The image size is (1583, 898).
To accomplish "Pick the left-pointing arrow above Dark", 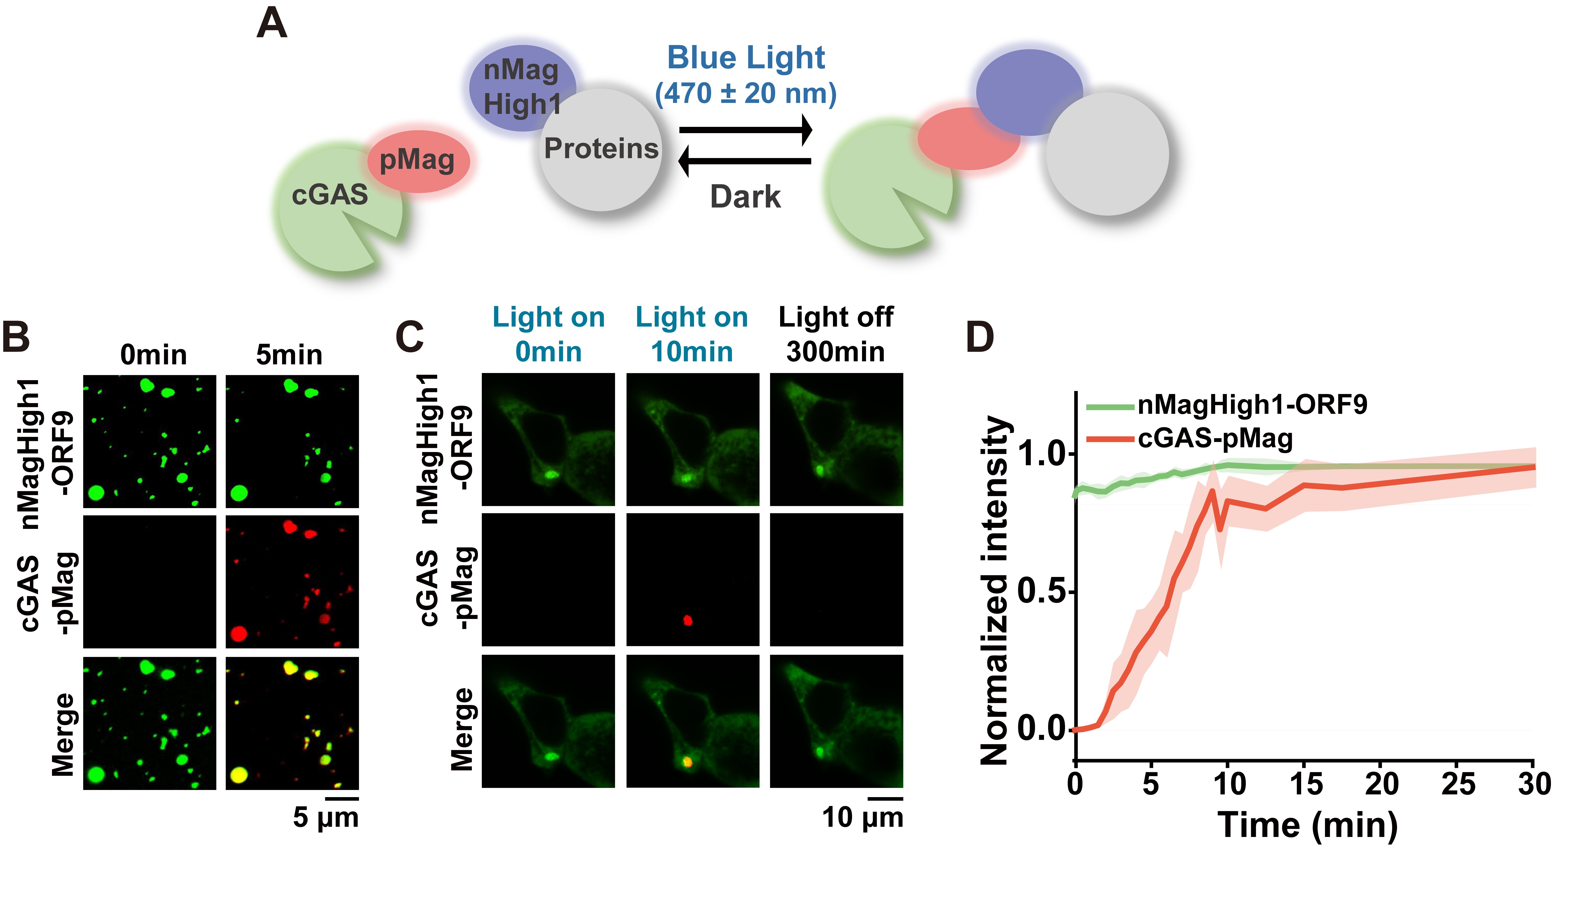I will click(x=745, y=162).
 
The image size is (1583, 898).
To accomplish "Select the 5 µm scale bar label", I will click(x=325, y=818).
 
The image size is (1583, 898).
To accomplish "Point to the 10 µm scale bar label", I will click(x=862, y=818).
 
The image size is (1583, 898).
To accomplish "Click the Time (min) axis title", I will click(x=1307, y=825).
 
